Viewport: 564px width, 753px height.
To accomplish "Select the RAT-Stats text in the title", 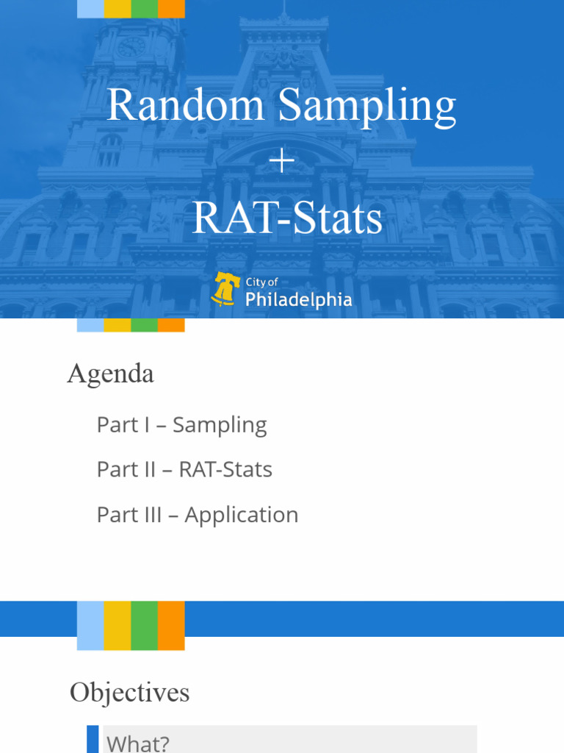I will point(287,218).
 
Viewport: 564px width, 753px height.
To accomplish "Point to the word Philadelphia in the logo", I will point(298,299).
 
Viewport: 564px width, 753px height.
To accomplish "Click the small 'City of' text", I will point(261,282).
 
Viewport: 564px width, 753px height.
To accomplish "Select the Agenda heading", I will point(111,374).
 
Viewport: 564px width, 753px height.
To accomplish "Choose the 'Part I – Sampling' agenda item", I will point(181,424).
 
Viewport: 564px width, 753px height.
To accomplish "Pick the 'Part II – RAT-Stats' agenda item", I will point(184,469).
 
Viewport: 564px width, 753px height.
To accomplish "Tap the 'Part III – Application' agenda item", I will point(198,514).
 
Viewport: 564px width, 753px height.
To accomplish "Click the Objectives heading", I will point(130,692).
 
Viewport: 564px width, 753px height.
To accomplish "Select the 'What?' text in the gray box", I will point(137,743).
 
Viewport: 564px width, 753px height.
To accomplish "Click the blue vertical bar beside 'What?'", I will point(93,740).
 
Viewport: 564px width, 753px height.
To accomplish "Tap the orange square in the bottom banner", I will point(171,625).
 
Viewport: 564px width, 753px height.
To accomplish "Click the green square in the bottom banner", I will point(145,625).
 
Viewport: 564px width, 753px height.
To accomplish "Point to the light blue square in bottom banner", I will point(90,625).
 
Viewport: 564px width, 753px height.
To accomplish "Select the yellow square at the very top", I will point(117,8).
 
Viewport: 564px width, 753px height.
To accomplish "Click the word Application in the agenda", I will point(242,514).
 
